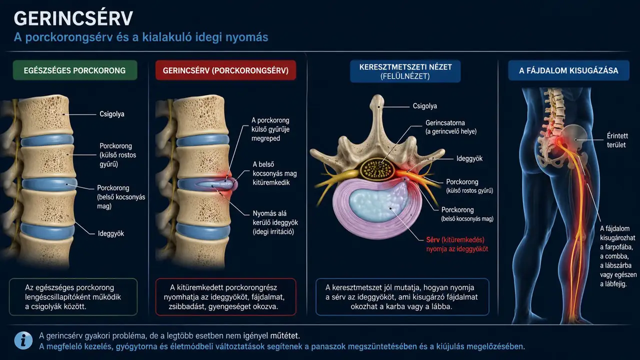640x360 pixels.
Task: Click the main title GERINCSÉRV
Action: (x=73, y=18)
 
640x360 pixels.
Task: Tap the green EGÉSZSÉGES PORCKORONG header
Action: (x=75, y=70)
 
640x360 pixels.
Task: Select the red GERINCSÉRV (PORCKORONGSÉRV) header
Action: (x=225, y=70)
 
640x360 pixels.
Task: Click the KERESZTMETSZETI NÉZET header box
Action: (x=405, y=71)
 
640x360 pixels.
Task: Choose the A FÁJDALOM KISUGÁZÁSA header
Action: (x=568, y=70)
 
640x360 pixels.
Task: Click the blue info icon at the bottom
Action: (x=23, y=340)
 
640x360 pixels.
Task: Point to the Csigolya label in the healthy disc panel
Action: (x=112, y=114)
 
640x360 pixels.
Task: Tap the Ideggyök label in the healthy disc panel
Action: (x=111, y=233)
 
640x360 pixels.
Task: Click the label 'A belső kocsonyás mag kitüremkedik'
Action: (x=274, y=173)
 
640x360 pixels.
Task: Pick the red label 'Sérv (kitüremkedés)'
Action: (x=455, y=239)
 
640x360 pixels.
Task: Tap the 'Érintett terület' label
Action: (x=617, y=140)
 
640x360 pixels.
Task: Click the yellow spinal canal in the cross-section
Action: (x=376, y=169)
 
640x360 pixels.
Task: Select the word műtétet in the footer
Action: (x=284, y=335)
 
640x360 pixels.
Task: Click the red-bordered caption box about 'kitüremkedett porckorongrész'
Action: (x=225, y=297)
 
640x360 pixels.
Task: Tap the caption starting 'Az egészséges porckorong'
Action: (x=73, y=297)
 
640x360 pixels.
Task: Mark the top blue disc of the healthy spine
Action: (x=47, y=140)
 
